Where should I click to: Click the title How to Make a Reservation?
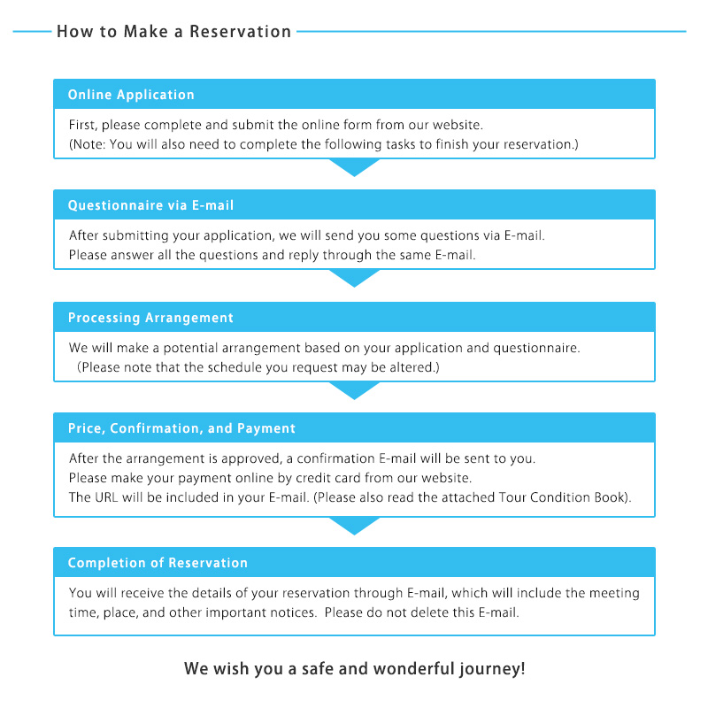tap(173, 32)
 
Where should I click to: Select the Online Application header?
tap(131, 95)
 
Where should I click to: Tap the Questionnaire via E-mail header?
tap(150, 205)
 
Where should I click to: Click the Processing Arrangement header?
tap(150, 318)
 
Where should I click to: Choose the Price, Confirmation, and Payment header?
tap(181, 428)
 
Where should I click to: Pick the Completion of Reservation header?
tap(158, 563)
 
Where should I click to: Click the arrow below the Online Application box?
tap(355, 167)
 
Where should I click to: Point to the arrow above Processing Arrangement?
tap(355, 278)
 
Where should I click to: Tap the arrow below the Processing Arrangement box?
tap(355, 390)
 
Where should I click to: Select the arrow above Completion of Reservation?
tap(355, 526)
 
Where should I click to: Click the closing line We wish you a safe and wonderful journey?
tap(355, 668)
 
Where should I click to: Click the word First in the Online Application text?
tap(83, 125)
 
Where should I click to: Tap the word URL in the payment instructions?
tap(106, 497)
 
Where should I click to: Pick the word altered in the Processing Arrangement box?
tap(412, 367)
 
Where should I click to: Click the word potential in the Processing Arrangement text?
tap(190, 349)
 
